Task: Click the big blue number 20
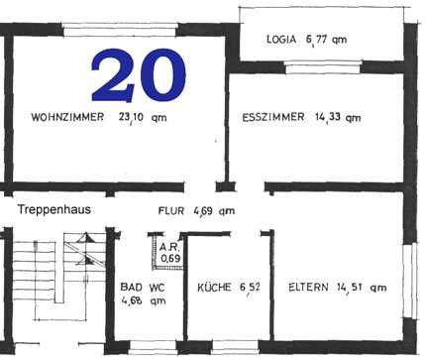139,75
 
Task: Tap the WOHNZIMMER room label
67,117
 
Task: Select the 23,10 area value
131,117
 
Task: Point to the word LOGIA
281,40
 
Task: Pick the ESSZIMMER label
273,117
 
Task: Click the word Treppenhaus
54,209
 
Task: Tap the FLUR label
170,211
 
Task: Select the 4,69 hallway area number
203,211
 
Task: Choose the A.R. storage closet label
169,247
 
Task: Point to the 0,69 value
170,258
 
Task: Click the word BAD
132,287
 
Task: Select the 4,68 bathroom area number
132,300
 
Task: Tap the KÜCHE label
214,288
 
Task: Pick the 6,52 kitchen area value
250,288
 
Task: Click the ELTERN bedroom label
308,288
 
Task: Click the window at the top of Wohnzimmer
120,30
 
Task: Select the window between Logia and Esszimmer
323,67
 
